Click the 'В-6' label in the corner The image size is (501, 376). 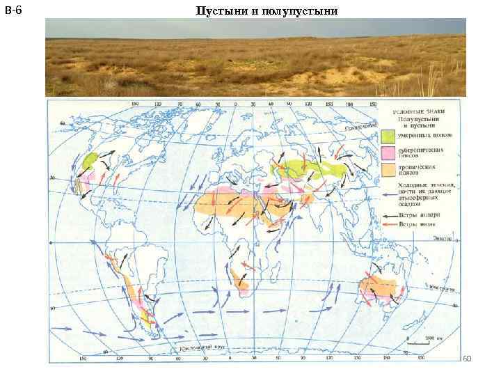13,10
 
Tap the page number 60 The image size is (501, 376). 467,358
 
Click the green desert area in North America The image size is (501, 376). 89,162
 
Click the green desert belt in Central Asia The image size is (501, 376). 306,168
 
